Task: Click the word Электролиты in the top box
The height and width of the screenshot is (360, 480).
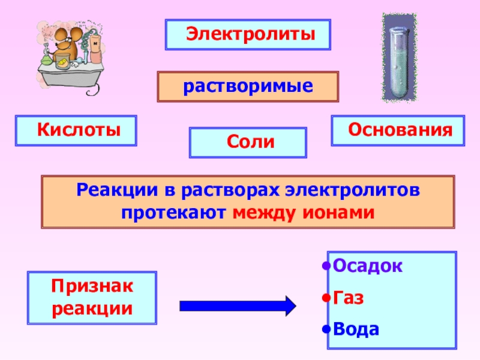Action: [250, 34]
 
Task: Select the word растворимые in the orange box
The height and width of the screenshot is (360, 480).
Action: [248, 86]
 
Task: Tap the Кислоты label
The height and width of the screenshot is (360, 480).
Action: [79, 130]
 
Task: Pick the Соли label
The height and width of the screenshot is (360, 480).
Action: [250, 142]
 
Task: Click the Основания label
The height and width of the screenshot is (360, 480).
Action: [400, 130]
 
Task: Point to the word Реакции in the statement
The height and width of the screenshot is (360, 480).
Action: [117, 190]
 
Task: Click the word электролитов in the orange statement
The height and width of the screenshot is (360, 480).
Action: [352, 190]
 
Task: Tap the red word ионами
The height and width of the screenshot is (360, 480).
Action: [338, 213]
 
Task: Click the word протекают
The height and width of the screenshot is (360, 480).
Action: [173, 213]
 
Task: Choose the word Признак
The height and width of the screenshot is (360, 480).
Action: [92, 287]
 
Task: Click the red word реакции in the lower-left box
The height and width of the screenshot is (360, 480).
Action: [92, 309]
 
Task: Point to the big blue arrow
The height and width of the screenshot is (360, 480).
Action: [238, 306]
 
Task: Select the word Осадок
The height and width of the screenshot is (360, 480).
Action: [367, 265]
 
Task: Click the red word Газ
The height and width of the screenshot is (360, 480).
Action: [349, 298]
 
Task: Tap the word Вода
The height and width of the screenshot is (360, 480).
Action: [356, 329]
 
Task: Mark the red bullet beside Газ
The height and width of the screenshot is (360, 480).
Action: [326, 298]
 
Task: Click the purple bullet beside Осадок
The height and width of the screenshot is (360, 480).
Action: [326, 266]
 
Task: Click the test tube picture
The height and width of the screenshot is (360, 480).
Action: [400, 58]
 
